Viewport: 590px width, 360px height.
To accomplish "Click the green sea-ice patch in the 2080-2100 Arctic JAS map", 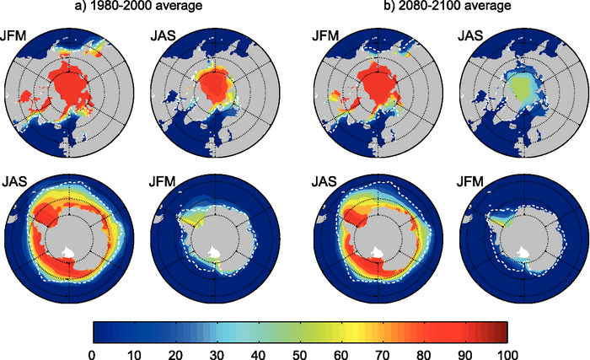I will point(521,85).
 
